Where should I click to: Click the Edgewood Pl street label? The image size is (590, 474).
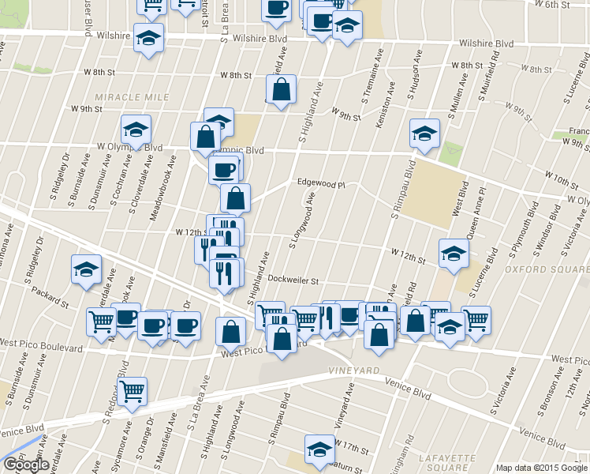pyautogui.click(x=322, y=182)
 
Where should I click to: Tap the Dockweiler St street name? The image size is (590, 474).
pyautogui.click(x=292, y=280)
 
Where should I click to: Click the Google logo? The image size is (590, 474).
pyautogui.click(x=25, y=465)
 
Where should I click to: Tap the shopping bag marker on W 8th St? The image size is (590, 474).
pyautogui.click(x=282, y=89)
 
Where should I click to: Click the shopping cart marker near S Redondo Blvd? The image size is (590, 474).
pyautogui.click(x=132, y=390)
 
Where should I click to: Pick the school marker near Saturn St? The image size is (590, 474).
pyautogui.click(x=319, y=449)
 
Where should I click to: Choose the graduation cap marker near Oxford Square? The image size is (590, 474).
pyautogui.click(x=454, y=253)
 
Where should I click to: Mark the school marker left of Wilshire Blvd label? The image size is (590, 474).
pyautogui.click(x=148, y=37)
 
